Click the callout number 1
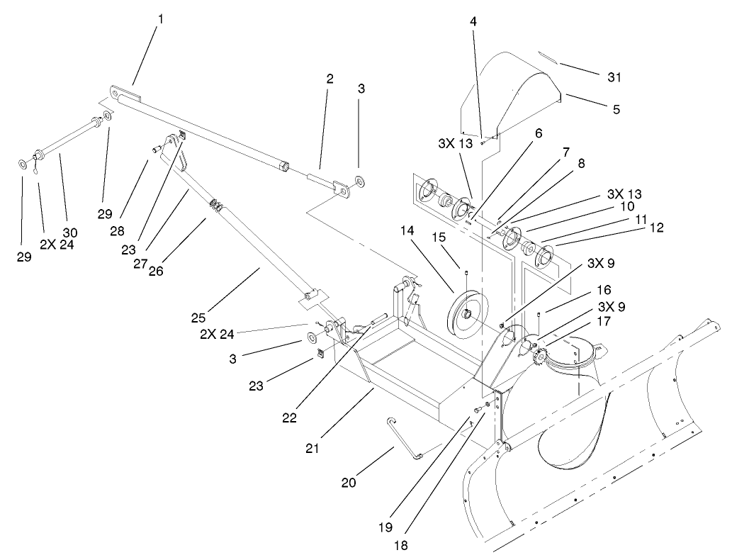[160, 20]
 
